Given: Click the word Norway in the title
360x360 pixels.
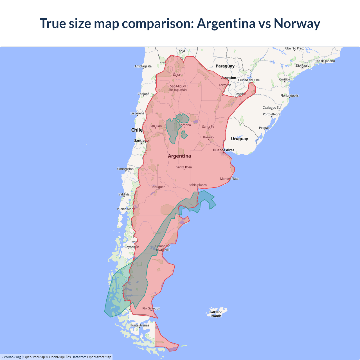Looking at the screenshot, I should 297,23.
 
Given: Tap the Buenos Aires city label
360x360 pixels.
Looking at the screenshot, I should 224,150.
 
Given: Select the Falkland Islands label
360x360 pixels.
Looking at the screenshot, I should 216,314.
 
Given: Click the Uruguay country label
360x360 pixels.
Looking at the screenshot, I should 239,139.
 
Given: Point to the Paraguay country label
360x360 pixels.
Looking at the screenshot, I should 225,66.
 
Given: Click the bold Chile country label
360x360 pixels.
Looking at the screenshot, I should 137,130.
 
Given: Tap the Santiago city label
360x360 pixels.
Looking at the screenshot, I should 141,140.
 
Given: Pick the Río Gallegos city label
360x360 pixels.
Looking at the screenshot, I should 151,308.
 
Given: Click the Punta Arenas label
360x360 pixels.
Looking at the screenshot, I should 140,325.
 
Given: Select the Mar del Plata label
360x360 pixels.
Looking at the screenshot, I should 229,179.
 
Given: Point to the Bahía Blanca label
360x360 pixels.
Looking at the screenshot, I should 197,185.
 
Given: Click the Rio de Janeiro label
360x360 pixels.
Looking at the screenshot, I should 325,61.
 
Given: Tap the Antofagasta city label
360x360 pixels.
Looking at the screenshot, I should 143,66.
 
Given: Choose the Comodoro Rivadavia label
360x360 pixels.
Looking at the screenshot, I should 163,248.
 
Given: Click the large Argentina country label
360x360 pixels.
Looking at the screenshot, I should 179,156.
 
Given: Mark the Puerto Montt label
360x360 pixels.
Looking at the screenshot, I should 126,209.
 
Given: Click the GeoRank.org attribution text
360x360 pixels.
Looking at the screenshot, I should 11,357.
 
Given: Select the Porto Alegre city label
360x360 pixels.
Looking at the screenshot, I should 271,114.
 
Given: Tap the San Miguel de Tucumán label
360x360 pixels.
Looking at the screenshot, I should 178,88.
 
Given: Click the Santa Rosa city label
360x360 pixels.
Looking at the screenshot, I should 184,167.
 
